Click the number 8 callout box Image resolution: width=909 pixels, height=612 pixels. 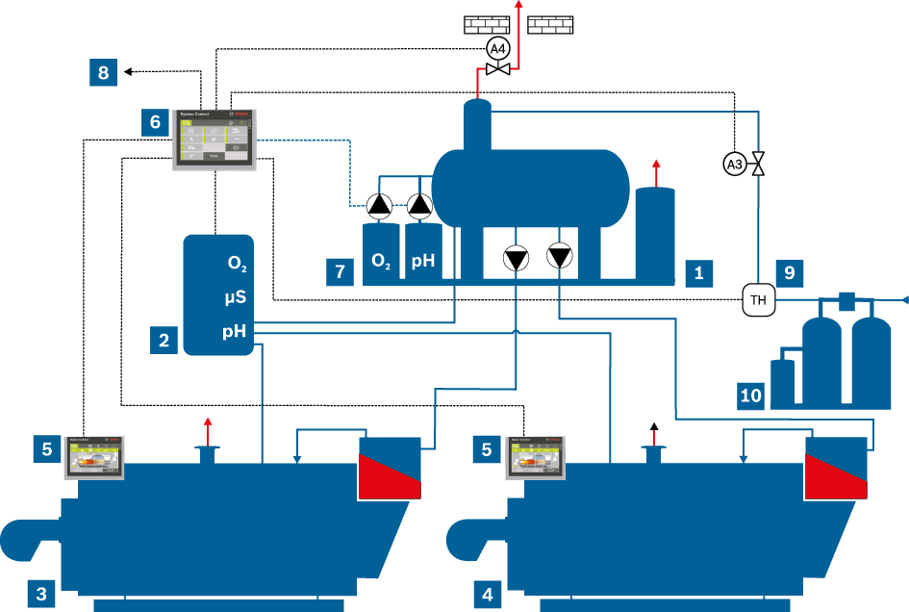[x=104, y=72]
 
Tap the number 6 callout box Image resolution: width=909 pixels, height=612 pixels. [x=155, y=122]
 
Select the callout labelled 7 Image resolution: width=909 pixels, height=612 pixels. [x=340, y=272]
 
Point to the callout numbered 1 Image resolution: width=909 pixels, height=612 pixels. [x=699, y=272]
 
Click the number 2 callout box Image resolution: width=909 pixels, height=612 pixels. [x=164, y=340]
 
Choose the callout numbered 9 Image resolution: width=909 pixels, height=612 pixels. [x=789, y=272]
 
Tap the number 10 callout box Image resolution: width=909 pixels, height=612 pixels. [x=751, y=393]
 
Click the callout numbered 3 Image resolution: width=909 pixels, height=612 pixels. [x=41, y=594]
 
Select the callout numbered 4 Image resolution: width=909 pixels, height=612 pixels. [x=488, y=594]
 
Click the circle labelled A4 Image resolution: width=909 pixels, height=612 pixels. [x=496, y=47]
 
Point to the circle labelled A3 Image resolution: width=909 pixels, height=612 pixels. [x=734, y=164]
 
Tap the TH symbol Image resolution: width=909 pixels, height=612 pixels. [x=758, y=300]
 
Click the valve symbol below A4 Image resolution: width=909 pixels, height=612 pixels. [x=497, y=70]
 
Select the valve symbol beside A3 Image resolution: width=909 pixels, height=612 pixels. [x=758, y=164]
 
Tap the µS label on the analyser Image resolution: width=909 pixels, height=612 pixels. [x=237, y=298]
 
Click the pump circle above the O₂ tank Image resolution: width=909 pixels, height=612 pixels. [x=379, y=204]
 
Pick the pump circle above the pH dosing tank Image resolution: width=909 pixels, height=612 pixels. [x=419, y=204]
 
